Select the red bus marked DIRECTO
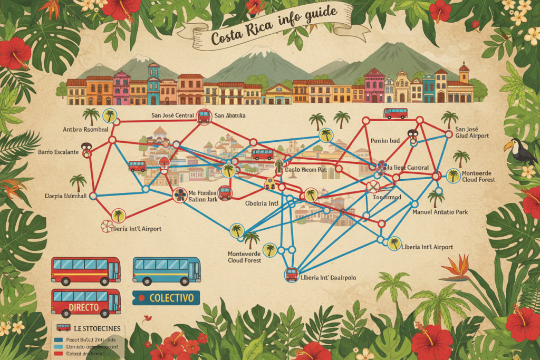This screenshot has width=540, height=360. point(85,303)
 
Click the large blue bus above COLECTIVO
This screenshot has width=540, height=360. point(166,271)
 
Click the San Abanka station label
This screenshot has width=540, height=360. point(230,115)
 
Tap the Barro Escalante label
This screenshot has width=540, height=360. point(59,152)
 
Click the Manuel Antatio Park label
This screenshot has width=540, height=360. point(441,212)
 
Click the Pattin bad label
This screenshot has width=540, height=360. point(385,141)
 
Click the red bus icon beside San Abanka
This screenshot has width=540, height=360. point(204,116)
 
